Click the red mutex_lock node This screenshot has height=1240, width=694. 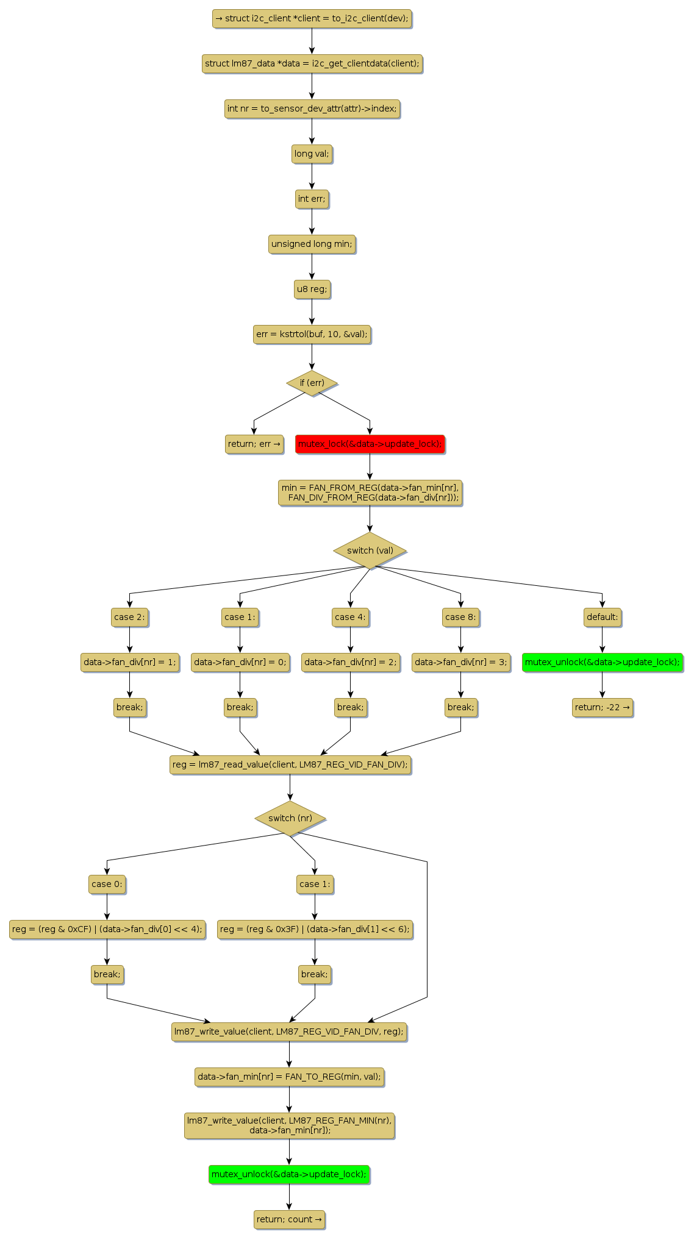[370, 444]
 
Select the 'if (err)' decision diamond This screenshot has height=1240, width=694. [312, 383]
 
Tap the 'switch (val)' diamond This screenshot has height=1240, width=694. [370, 551]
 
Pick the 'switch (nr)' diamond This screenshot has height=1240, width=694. [290, 818]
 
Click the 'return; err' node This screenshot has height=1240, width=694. [254, 444]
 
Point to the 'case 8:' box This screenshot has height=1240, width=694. [460, 617]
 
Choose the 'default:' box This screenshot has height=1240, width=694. [602, 617]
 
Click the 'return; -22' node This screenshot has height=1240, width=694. [602, 707]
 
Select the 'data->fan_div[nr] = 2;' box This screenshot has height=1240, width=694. [350, 662]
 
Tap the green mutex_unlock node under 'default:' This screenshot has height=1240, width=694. [602, 662]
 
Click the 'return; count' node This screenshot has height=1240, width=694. [289, 1219]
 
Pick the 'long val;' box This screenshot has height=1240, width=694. [312, 154]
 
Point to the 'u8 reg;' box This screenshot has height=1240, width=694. [312, 289]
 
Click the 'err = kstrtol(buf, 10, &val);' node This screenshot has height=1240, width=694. [312, 334]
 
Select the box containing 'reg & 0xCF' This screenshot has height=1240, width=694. [107, 929]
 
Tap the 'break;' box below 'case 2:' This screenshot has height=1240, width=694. [129, 707]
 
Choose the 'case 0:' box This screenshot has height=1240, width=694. [107, 884]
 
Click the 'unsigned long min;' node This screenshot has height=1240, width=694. [312, 244]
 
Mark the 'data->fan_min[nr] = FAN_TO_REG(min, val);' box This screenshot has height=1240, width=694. [289, 1077]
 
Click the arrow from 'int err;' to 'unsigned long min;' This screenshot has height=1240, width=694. [312, 221]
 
